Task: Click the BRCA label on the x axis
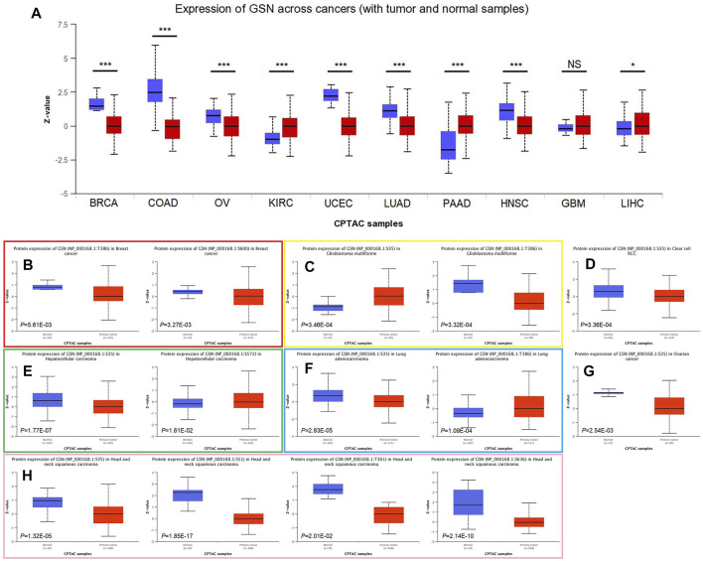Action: point(103,206)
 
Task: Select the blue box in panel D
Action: point(609,290)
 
